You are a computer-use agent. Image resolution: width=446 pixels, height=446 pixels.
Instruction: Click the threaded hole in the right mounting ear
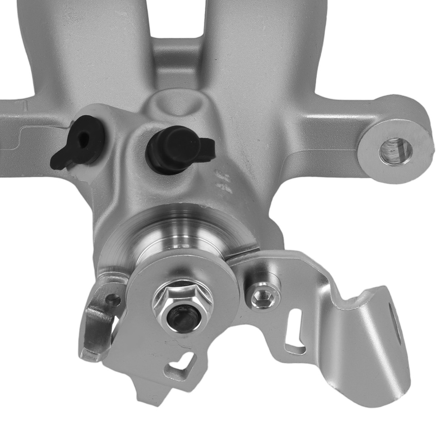[x=395, y=152]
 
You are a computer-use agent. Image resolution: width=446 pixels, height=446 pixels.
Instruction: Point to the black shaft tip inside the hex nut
[x=182, y=317]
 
